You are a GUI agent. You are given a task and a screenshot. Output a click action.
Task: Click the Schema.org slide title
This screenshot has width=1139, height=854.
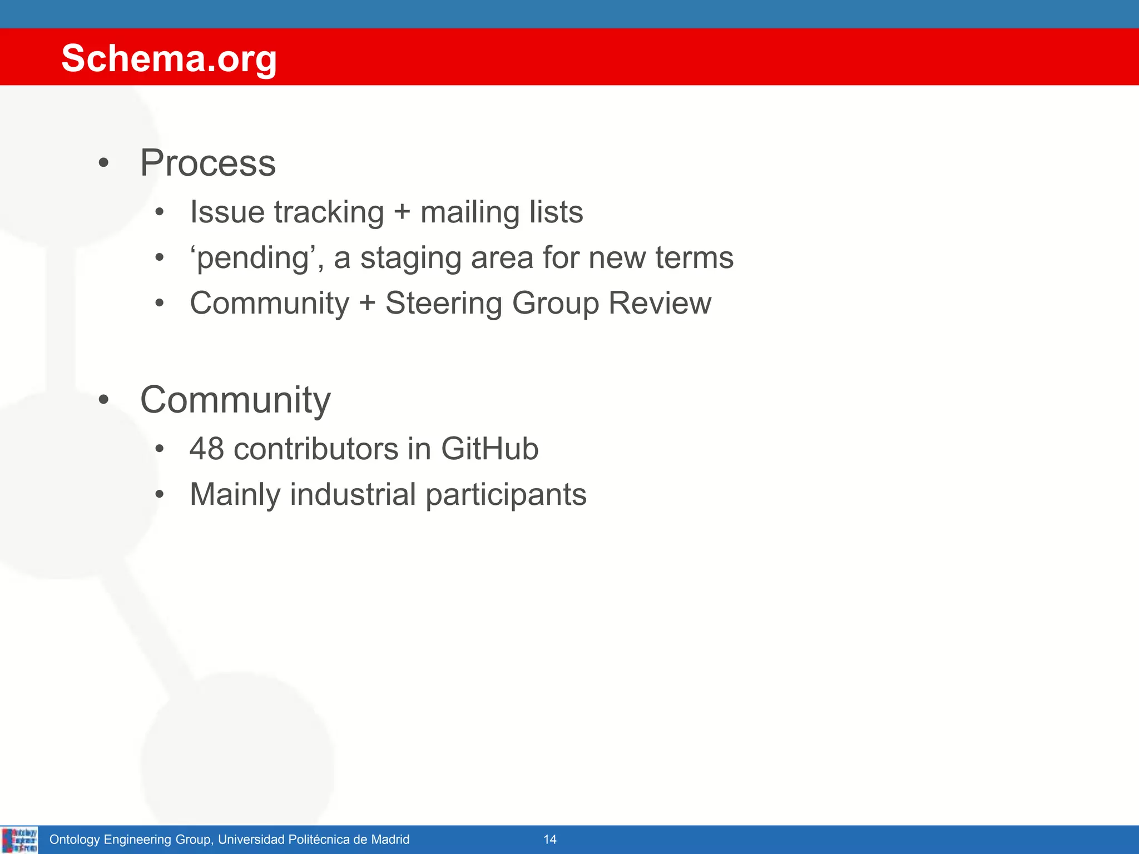click(x=169, y=58)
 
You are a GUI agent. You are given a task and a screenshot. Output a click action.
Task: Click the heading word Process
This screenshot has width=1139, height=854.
click(x=207, y=163)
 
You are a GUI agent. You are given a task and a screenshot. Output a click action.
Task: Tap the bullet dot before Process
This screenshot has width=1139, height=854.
click(x=103, y=164)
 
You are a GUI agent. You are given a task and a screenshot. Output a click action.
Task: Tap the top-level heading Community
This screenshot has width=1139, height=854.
click(x=235, y=400)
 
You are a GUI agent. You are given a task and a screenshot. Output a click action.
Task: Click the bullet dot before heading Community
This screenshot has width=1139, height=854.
click(x=103, y=400)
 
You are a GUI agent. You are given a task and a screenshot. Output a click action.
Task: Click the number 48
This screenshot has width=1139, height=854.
click(x=206, y=449)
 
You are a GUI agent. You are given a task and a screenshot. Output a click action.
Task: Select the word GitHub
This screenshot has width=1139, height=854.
click(x=489, y=449)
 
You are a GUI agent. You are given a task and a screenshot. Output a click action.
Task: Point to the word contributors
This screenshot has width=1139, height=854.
click(x=316, y=449)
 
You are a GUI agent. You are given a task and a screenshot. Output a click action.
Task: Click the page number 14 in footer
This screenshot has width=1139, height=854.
click(x=549, y=840)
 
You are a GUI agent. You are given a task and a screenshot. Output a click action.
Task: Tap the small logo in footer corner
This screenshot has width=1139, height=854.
click(x=19, y=840)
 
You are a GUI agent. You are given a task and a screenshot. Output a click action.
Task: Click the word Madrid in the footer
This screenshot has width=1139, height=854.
click(x=389, y=840)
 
